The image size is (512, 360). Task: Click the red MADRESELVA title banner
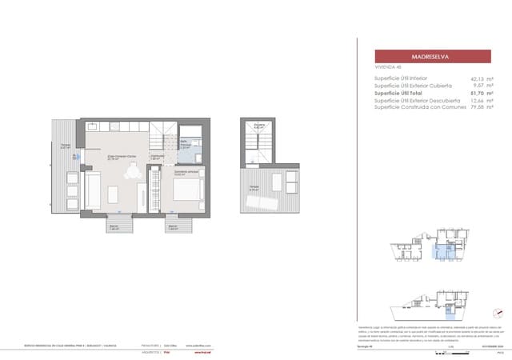tap(433, 57)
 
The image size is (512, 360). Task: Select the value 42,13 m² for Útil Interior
tap(478, 78)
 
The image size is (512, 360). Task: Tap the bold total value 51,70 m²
tap(478, 93)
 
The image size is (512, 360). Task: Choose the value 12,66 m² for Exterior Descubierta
tap(478, 100)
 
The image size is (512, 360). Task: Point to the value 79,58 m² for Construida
tap(478, 106)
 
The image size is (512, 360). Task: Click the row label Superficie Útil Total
tap(403, 93)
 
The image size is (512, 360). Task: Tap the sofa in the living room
tap(92, 190)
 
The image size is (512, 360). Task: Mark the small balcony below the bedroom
tap(173, 227)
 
